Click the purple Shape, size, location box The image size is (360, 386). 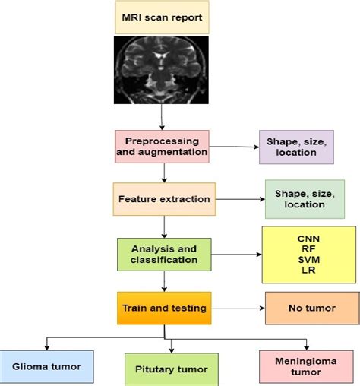(x=295, y=146)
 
